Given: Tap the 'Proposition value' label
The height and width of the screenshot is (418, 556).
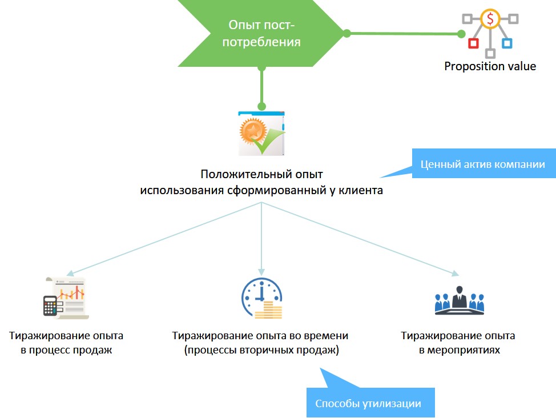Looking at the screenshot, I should (490, 66).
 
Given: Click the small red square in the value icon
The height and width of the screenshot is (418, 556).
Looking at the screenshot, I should (472, 43).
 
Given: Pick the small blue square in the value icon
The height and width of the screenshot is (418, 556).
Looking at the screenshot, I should (506, 43).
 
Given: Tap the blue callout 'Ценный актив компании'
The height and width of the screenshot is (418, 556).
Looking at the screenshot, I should (482, 164).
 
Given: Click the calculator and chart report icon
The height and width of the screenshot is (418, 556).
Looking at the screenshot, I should (65, 296).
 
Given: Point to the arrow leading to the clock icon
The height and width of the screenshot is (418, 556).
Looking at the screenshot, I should (261, 240).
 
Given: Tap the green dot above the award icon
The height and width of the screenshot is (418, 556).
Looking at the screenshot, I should (261, 106).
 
